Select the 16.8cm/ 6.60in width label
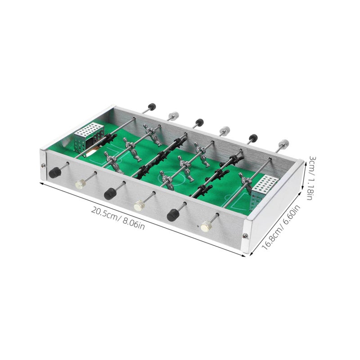[x=281, y=228]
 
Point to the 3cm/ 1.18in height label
[x=312, y=178]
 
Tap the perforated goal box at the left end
[x=89, y=138]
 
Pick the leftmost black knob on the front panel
[x=54, y=173]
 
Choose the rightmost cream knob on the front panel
[x=206, y=226]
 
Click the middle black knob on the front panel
[x=110, y=193]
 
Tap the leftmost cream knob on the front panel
[x=81, y=184]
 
